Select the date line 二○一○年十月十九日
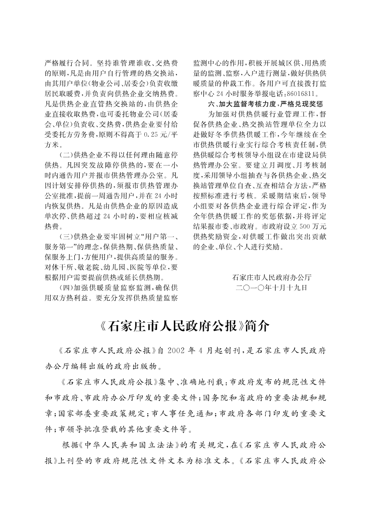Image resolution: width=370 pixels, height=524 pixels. (x=272, y=287)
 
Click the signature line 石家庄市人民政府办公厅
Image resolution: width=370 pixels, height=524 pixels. (x=272, y=278)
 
